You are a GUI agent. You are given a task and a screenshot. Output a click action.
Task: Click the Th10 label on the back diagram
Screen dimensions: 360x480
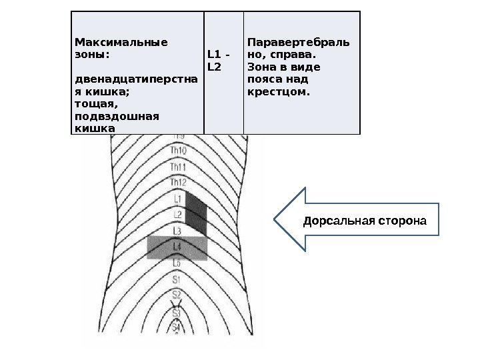coord(177,151)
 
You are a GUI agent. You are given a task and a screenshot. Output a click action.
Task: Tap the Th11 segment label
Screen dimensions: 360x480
coord(177,167)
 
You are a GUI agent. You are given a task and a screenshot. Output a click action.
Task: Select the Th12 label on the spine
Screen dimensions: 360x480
coord(177,182)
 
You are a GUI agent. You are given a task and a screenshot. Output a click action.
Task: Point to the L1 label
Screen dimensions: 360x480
coord(178,199)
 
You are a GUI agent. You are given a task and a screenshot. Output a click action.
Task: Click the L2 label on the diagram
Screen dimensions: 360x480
coord(178,215)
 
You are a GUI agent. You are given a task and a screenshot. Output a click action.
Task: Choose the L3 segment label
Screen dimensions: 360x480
coord(177,231)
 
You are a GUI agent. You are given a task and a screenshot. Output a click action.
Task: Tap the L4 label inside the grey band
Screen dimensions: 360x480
coord(177,247)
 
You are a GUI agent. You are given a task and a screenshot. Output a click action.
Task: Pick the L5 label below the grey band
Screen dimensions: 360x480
coord(177,263)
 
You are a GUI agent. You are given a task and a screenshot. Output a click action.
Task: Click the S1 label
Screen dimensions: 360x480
coord(177,279)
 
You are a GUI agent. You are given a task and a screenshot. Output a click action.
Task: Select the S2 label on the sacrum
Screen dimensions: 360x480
coord(177,294)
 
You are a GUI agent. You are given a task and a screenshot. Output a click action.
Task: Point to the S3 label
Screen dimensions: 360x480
coord(177,311)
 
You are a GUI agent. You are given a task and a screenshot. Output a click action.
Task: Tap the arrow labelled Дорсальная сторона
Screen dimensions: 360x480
coord(357,219)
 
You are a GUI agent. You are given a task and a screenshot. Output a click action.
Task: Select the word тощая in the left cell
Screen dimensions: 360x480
coord(95,104)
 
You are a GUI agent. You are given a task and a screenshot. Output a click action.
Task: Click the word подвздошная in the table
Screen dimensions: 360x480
coord(116,115)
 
